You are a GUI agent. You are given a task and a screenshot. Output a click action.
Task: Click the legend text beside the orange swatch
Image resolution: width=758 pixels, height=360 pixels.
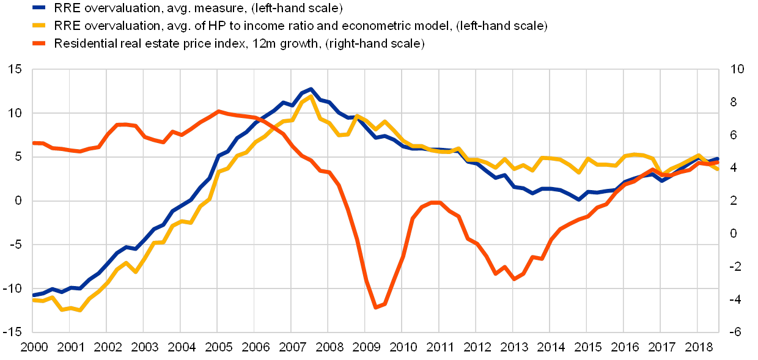coord(238,44)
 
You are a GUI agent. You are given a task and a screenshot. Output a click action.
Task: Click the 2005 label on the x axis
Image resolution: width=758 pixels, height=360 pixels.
coord(217,347)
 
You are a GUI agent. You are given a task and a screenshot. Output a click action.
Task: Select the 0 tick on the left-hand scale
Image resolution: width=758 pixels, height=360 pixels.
coord(20,200)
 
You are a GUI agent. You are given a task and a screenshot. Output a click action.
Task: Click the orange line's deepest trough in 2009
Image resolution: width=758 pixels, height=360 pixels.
coord(376,307)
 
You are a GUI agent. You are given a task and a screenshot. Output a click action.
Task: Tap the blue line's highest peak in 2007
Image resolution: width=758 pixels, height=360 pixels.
coord(311,89)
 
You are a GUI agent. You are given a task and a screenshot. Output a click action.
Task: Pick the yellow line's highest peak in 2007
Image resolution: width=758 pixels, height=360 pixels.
coord(311,96)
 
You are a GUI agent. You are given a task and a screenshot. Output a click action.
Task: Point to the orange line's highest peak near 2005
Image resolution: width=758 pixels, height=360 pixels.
coord(218,111)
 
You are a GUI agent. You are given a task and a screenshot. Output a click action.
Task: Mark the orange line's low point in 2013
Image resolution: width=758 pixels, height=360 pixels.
coord(515,279)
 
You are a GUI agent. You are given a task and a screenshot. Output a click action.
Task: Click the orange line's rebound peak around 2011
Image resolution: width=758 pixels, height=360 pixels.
coord(435,202)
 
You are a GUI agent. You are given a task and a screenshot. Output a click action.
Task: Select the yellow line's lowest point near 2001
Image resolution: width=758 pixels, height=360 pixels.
coord(79,310)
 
